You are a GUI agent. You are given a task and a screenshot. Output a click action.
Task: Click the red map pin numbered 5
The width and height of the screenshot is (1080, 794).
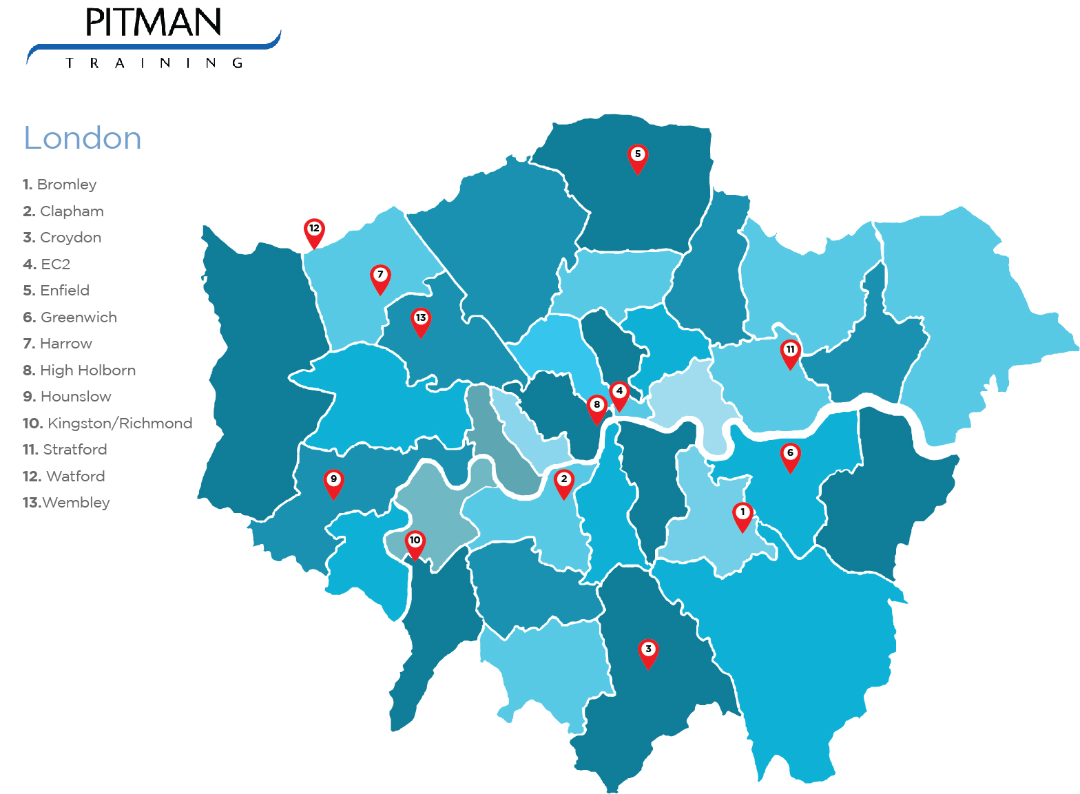click(638, 156)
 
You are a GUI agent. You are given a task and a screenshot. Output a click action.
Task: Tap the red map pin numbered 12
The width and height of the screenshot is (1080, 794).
click(314, 231)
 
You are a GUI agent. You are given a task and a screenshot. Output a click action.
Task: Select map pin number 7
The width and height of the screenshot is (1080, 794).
click(380, 277)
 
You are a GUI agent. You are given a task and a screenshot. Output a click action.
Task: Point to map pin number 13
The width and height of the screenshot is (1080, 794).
click(421, 320)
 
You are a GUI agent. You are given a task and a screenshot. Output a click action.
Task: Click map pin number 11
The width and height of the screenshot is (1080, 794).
click(790, 352)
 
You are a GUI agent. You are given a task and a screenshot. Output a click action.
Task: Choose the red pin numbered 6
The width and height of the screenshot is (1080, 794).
click(790, 455)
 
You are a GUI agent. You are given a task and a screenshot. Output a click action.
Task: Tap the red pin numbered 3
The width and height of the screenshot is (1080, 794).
click(648, 651)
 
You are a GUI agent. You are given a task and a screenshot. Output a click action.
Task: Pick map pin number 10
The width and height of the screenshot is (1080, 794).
click(415, 543)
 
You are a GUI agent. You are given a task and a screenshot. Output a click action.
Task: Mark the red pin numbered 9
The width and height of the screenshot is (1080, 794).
click(333, 481)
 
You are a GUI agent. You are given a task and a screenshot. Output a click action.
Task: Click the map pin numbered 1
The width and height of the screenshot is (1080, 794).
click(742, 514)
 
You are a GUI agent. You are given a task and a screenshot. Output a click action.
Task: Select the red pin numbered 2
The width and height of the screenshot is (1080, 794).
click(564, 481)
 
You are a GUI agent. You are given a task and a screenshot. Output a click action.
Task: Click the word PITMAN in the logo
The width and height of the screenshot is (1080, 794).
click(153, 23)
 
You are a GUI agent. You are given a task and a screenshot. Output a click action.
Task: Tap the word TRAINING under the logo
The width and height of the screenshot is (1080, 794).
click(154, 63)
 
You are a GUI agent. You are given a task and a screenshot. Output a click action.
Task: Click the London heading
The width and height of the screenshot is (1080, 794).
click(83, 138)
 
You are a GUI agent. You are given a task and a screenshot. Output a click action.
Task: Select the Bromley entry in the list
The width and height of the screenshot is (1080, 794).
click(60, 185)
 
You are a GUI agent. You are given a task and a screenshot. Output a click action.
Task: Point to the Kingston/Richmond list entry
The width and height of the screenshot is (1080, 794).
click(107, 424)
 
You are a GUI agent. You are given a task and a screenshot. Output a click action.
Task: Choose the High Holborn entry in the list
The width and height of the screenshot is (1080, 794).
click(79, 370)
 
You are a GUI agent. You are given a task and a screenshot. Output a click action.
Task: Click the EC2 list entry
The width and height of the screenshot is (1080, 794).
click(47, 264)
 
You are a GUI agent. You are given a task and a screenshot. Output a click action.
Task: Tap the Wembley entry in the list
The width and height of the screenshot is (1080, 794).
click(66, 503)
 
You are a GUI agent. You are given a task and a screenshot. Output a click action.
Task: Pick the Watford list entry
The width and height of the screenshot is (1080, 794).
click(64, 477)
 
